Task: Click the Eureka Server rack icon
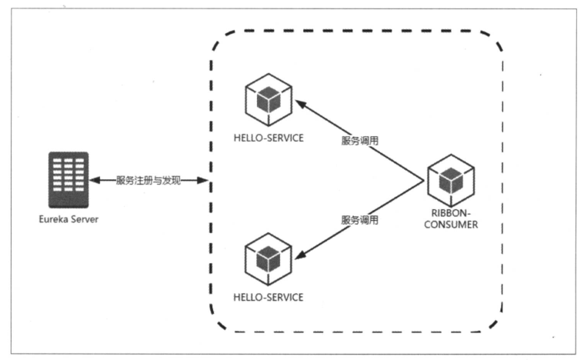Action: tap(68, 180)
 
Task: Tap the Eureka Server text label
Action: tap(68, 219)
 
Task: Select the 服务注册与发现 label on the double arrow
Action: tap(149, 180)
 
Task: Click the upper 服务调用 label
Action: tap(360, 141)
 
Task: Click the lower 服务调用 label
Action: tap(360, 219)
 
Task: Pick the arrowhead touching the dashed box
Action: tap(205, 180)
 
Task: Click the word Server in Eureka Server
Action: tap(83, 219)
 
